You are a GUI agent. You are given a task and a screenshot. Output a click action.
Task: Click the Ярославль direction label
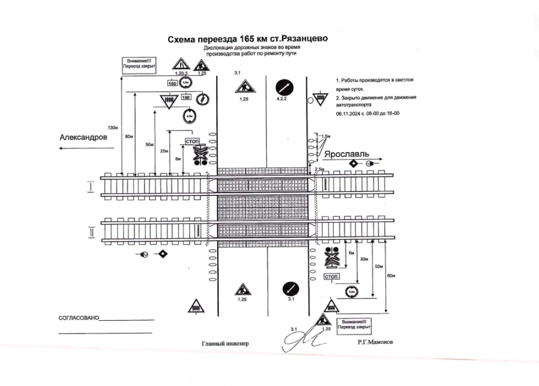click(x=345, y=154)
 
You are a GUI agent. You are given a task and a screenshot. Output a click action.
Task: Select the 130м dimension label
click(x=113, y=128)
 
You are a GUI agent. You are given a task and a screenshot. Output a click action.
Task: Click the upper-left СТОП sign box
click(x=192, y=141)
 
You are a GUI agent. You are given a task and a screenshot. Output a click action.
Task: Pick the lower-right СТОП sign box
click(x=330, y=276)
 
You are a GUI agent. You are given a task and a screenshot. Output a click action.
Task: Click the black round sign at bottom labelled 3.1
click(x=291, y=287)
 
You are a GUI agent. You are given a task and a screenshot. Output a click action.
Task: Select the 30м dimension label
click(x=364, y=260)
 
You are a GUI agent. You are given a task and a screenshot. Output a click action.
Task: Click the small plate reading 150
click(x=172, y=83)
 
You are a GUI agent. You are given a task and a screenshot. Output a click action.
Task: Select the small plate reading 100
click(x=186, y=97)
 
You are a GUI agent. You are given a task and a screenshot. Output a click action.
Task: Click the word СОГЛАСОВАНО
click(x=79, y=318)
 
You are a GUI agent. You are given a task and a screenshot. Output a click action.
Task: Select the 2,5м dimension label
click(x=319, y=170)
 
